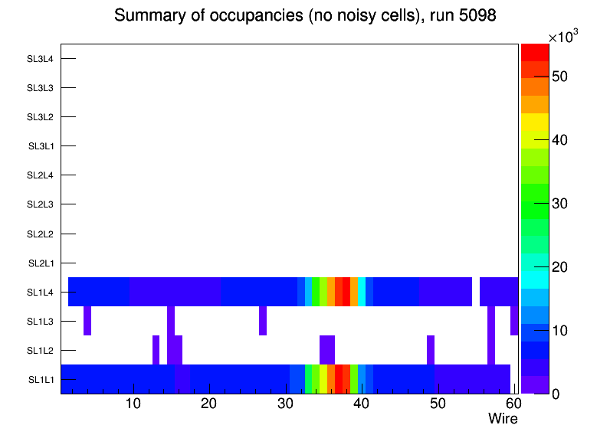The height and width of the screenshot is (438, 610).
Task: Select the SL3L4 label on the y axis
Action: point(40,58)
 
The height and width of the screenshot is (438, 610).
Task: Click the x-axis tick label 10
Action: point(133,404)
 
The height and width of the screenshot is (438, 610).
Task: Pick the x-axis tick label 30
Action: point(284,404)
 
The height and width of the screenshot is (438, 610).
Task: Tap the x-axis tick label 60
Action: point(512,404)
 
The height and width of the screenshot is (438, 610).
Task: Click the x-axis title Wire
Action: point(503,419)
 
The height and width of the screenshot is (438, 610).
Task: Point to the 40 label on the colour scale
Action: point(560,140)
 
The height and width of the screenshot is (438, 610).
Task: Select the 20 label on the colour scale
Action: point(560,266)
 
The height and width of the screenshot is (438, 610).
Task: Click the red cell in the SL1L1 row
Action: point(339,379)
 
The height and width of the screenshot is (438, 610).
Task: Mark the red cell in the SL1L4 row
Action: point(346,292)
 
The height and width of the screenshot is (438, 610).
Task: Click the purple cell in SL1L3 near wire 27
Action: point(263,321)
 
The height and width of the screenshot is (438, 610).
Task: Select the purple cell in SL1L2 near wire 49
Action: point(431,350)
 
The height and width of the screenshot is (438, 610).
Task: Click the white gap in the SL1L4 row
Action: point(476,292)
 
